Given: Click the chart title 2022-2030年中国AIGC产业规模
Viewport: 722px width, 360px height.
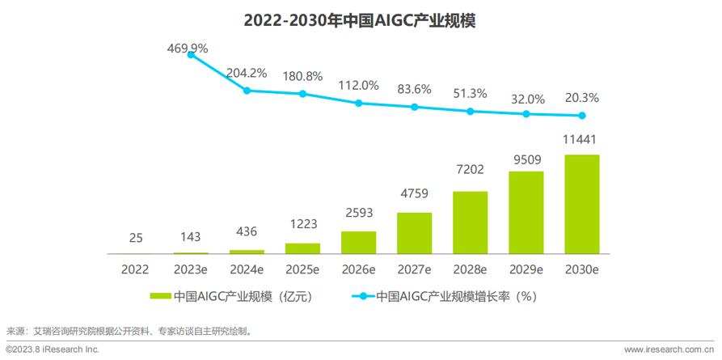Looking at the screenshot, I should [x=360, y=21].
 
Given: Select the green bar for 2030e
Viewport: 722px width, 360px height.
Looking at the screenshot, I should [x=581, y=204].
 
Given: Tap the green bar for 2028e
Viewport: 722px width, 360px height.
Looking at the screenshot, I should [x=470, y=222].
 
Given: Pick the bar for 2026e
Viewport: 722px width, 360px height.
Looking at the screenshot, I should [x=358, y=243].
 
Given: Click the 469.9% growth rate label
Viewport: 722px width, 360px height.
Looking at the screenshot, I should [x=188, y=49].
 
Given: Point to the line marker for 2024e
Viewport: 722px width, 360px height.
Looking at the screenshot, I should [x=247, y=91].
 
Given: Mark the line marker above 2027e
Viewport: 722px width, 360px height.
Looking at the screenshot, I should [x=415, y=107].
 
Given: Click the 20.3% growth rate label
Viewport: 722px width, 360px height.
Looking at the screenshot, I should [x=581, y=98].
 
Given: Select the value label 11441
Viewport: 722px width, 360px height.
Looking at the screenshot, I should [x=581, y=140].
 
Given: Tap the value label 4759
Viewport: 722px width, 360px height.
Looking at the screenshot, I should [x=414, y=197].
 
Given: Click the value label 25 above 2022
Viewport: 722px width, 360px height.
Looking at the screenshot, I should [x=136, y=238].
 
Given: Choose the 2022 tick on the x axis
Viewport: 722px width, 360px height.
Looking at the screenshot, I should [x=136, y=269].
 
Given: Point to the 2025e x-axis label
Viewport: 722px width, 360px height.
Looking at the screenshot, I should [x=302, y=269].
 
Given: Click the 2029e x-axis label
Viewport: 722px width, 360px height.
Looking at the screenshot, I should [x=526, y=269].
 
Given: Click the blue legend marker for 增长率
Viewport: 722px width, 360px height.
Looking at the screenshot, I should [x=365, y=297].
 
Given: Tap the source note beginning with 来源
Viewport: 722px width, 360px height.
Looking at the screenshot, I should [x=129, y=330].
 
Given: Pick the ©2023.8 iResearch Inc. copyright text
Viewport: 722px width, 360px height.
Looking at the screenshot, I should [x=53, y=349].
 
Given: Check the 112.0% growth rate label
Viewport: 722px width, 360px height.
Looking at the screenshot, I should [x=358, y=85].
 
